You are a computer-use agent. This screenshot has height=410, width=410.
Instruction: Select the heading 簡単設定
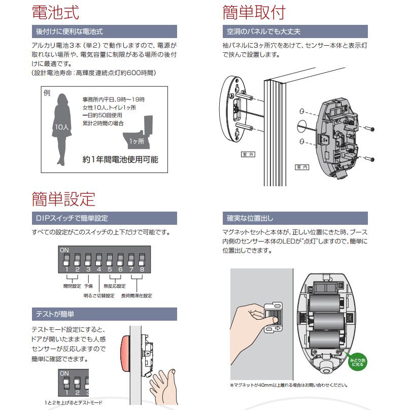tap(63, 198)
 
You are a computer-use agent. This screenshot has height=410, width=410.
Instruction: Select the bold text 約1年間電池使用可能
tap(120, 159)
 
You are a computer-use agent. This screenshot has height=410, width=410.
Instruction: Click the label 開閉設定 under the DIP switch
tap(72, 286)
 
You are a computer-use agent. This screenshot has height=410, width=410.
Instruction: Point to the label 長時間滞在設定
tap(136, 295)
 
